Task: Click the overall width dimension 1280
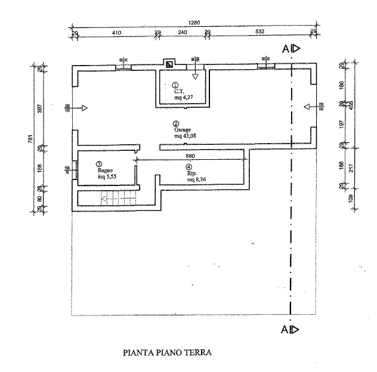pos(194,23)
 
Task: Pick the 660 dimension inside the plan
pos(190,157)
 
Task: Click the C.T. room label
pos(178,91)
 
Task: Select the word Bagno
pos(106,170)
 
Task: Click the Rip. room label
pos(190,173)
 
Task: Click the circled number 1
pos(175,85)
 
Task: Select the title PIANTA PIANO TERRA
pos(166,352)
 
